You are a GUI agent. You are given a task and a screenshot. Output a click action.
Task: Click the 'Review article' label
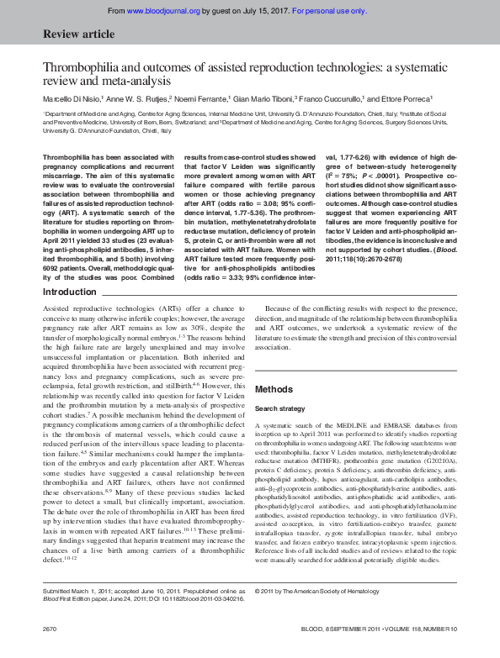click(73, 34)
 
